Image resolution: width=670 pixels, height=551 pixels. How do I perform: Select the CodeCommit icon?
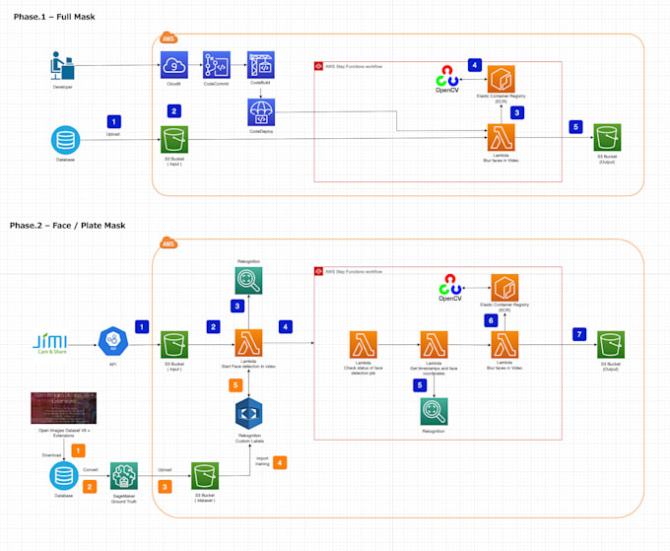point(216,66)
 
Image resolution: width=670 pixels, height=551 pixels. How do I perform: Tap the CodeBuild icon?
point(260,66)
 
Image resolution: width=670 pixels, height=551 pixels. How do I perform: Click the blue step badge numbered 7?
point(579,334)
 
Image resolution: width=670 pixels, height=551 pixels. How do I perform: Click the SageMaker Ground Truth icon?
point(124,475)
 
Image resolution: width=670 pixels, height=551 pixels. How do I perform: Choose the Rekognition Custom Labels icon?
point(249,412)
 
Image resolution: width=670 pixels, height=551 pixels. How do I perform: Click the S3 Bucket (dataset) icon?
point(204,475)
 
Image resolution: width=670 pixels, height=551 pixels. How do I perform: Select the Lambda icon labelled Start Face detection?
point(249,344)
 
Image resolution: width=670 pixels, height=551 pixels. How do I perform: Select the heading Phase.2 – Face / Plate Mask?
point(74,226)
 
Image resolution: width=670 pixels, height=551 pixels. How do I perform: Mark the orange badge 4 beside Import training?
point(281,461)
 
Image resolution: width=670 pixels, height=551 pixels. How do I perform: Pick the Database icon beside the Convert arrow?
point(63,475)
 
